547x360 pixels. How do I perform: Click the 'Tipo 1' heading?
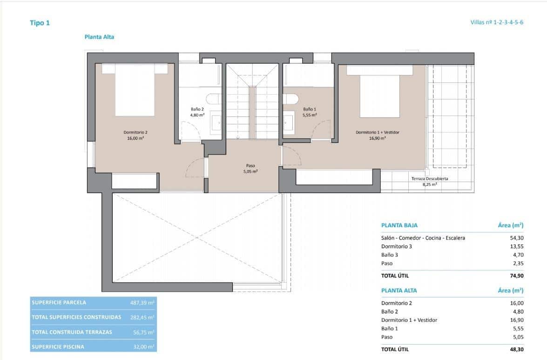click(40, 22)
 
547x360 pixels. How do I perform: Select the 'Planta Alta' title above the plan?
click(99, 37)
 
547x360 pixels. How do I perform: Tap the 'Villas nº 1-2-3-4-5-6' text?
click(497, 22)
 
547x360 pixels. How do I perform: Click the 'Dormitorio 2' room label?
click(135, 132)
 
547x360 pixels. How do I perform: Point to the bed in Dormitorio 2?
click(135, 90)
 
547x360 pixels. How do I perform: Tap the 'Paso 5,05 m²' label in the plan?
click(250, 168)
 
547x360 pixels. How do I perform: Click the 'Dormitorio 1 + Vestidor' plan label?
click(378, 132)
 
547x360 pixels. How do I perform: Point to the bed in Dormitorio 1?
click(379, 93)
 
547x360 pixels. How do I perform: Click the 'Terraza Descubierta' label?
click(429, 179)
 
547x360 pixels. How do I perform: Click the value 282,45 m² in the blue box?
click(142, 318)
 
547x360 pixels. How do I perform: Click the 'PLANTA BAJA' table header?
click(399, 225)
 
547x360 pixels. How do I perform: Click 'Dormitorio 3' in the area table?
click(396, 246)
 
